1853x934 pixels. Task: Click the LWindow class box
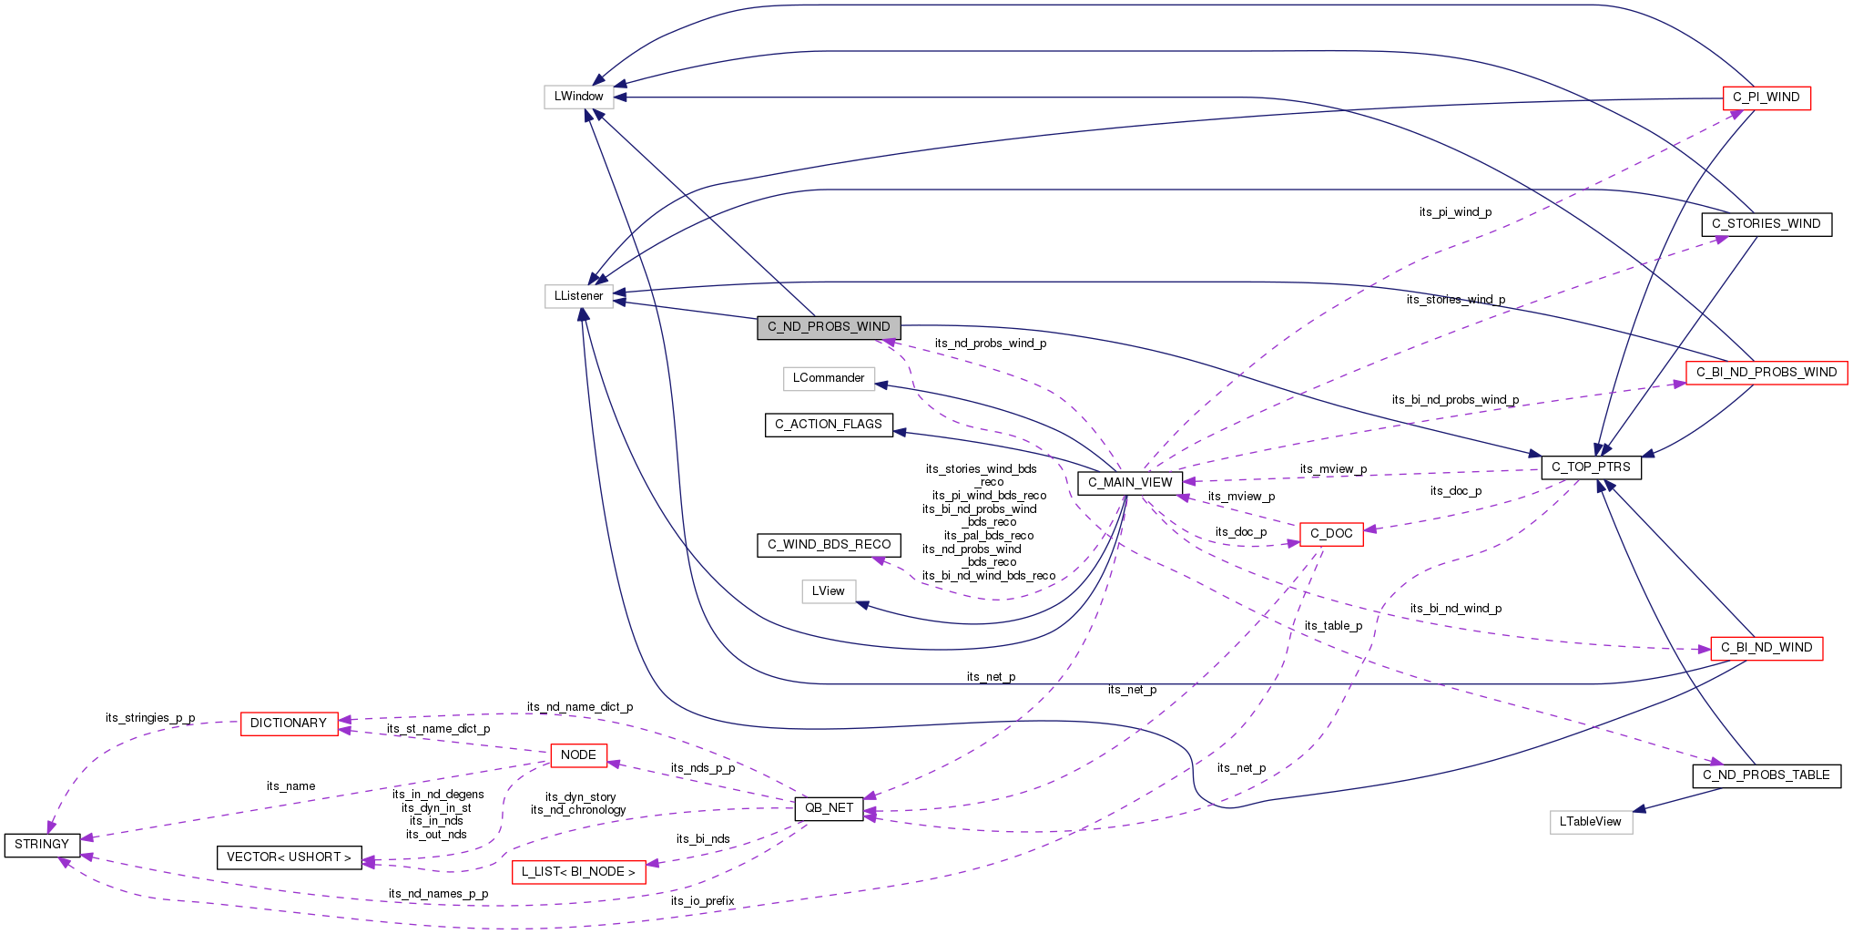[x=578, y=97]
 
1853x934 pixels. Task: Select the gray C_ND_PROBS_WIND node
[x=829, y=327]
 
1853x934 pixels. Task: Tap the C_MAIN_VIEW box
[x=1130, y=483]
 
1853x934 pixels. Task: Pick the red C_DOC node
[x=1331, y=534]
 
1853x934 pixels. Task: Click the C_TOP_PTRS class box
[x=1591, y=467]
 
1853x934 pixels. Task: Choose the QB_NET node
[x=830, y=808]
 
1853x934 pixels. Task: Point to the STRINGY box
[x=42, y=845]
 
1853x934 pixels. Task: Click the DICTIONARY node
[x=289, y=724]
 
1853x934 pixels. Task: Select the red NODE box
[x=578, y=755]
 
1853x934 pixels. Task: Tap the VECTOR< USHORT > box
[x=289, y=857]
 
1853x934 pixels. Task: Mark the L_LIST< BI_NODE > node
[x=578, y=872]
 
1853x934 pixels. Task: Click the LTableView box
[x=1591, y=822]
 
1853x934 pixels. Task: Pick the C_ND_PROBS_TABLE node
[x=1766, y=775]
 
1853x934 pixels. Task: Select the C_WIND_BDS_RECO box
[x=829, y=545]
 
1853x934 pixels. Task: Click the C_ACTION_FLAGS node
[x=829, y=425]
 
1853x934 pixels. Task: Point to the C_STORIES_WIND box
[x=1766, y=224]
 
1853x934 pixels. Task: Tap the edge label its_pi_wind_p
[x=1455, y=212]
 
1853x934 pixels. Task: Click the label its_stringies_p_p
[x=150, y=718]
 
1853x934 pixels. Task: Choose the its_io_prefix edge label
[x=702, y=901]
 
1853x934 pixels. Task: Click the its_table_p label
[x=1333, y=626]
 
